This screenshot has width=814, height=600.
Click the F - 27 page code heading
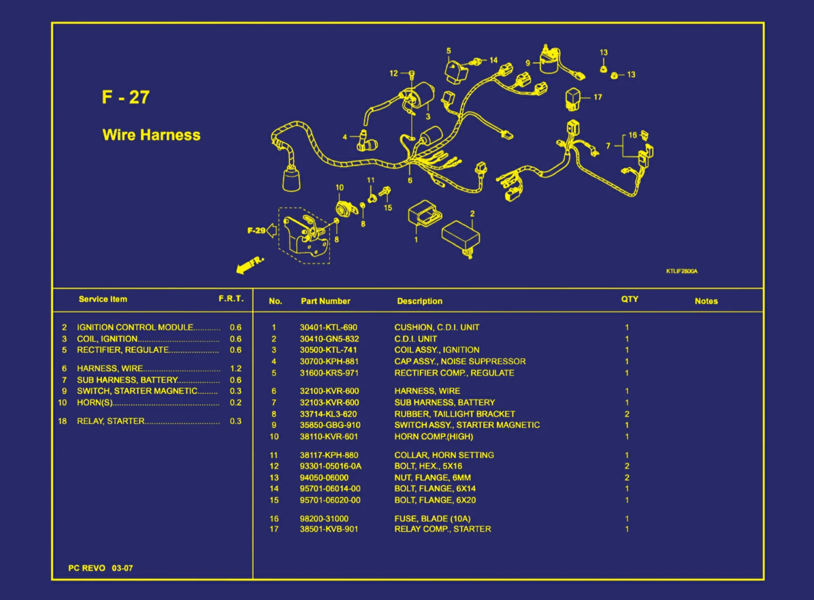(126, 97)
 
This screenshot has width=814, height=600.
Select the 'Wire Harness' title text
(151, 135)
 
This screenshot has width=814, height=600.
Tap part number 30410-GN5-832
(329, 339)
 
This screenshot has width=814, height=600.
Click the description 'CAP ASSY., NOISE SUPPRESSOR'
(460, 361)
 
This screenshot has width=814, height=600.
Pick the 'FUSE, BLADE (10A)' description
(432, 519)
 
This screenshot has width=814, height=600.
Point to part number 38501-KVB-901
(329, 529)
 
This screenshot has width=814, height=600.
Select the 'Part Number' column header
(325, 301)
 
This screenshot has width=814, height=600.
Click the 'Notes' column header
(706, 301)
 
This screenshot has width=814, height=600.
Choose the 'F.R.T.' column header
(231, 299)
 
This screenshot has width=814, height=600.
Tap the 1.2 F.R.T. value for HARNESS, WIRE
(235, 368)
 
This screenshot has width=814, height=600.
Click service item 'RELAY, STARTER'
(111, 421)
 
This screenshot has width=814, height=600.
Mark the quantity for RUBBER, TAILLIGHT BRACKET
(627, 414)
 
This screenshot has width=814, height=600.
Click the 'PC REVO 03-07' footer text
(101, 568)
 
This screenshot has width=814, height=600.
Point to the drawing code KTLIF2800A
(681, 272)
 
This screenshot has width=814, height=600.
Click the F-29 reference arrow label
(256, 231)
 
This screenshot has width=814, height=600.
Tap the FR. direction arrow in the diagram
(249, 265)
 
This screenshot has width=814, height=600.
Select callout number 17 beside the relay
(598, 97)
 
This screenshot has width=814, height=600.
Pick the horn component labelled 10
(346, 208)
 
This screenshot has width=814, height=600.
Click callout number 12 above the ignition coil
(394, 73)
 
